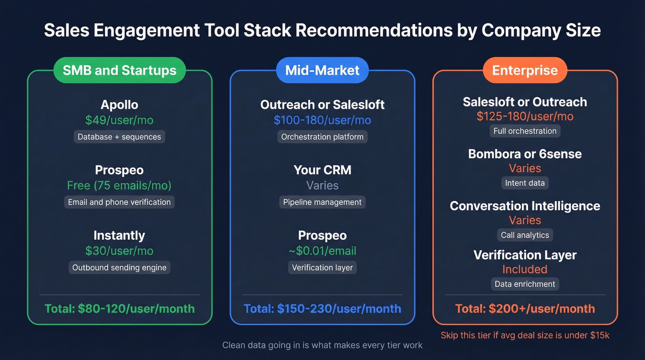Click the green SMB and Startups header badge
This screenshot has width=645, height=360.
[119, 71]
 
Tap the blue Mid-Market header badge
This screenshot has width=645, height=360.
[322, 71]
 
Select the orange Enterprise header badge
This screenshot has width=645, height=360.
[525, 71]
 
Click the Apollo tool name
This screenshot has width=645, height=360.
[119, 105]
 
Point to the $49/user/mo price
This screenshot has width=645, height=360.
[119, 120]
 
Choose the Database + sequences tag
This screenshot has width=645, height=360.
[119, 137]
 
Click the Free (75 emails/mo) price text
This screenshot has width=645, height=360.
[119, 186]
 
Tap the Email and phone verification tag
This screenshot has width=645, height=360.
[119, 202]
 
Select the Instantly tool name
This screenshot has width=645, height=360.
[119, 236]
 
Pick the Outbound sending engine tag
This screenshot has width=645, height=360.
[119, 267]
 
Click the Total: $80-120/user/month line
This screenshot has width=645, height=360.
[119, 309]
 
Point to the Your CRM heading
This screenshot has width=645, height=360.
[322, 170]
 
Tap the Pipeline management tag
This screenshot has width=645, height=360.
[322, 202]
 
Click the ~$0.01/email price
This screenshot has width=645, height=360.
[322, 251]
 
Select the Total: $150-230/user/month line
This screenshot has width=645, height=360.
[322, 309]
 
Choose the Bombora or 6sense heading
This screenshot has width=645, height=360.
[525, 154]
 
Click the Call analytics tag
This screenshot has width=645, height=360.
[525, 235]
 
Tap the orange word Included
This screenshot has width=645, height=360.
[525, 269]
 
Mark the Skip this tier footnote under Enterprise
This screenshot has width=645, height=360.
[525, 335]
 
